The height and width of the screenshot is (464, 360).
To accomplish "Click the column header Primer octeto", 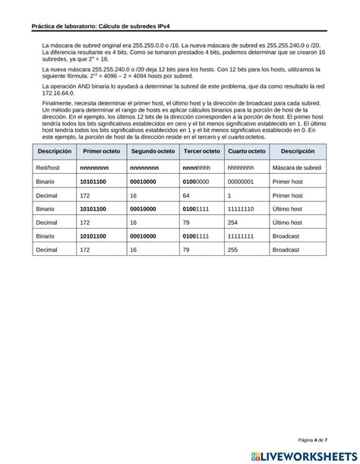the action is [x=100, y=153].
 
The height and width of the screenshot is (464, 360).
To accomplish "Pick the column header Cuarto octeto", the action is [x=246, y=153].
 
